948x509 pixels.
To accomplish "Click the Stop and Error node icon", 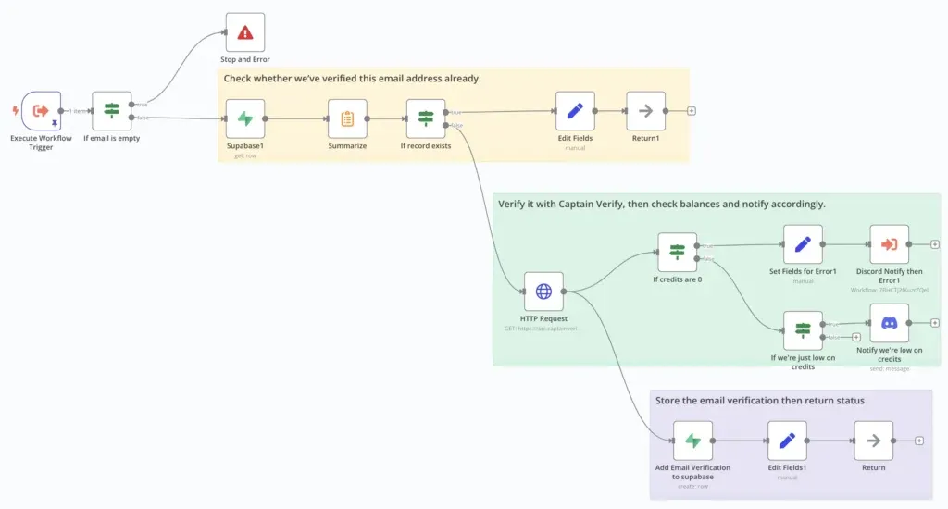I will click(x=244, y=32).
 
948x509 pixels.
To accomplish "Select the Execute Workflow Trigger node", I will click(x=41, y=111).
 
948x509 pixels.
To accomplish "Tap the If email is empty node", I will click(x=112, y=111).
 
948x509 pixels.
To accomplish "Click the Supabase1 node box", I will click(x=245, y=118).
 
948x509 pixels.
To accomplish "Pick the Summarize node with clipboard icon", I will click(x=347, y=118).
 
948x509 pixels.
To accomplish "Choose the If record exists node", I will click(x=426, y=118).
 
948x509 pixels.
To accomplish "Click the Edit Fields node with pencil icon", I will click(x=575, y=111).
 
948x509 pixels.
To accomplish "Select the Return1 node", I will click(x=645, y=111).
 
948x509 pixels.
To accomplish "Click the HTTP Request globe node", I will click(x=543, y=292).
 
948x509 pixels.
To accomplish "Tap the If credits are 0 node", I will click(x=677, y=252).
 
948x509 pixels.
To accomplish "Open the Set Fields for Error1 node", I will click(x=803, y=244).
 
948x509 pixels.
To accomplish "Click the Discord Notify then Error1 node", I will click(x=889, y=244).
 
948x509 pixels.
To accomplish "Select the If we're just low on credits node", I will click(x=803, y=330).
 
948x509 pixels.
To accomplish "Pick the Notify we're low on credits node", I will click(x=889, y=323).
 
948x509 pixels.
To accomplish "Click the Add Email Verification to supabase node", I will click(x=692, y=441).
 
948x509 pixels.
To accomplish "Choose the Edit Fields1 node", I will click(x=787, y=441).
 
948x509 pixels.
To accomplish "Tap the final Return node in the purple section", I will click(x=873, y=441).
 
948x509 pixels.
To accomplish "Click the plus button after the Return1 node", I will click(x=692, y=111).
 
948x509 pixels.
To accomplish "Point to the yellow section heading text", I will click(x=352, y=79).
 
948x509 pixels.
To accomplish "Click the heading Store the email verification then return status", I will click(x=759, y=401).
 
